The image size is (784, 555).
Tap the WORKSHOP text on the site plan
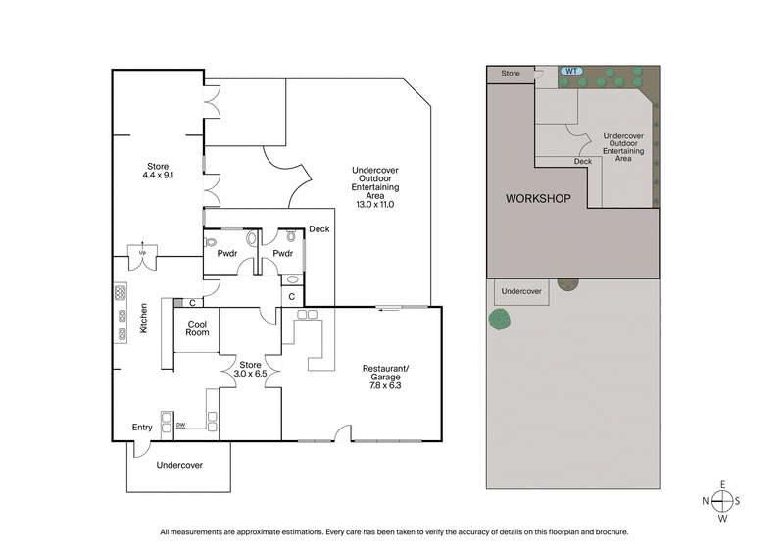click(x=537, y=199)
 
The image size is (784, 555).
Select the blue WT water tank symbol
click(x=570, y=71)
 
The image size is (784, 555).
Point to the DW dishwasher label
click(x=180, y=425)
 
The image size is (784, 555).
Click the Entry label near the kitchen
click(x=143, y=427)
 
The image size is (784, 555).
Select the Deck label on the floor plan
click(x=318, y=229)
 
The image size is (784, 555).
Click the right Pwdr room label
click(x=283, y=254)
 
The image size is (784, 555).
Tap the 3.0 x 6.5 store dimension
click(x=250, y=373)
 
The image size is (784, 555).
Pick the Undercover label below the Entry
click(x=179, y=465)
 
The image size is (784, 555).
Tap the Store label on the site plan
click(x=511, y=73)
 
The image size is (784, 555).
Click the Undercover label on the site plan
click(x=521, y=291)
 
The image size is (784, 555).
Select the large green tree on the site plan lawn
click(x=500, y=319)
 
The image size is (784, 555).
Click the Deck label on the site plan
click(x=583, y=162)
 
